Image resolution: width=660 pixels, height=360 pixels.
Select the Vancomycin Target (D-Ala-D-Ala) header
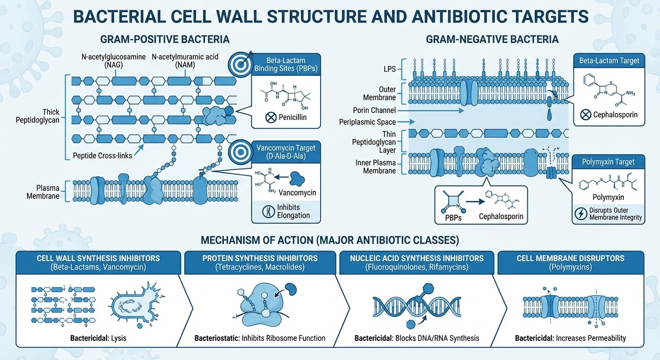click(x=286, y=152)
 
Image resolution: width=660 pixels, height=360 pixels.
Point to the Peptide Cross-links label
click(x=103, y=155)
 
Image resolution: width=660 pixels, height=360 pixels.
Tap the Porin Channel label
click(x=375, y=110)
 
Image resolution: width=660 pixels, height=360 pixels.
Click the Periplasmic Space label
click(x=371, y=122)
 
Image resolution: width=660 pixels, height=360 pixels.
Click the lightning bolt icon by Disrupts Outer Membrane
click(x=580, y=214)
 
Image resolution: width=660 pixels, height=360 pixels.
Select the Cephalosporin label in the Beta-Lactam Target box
click(x=615, y=114)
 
